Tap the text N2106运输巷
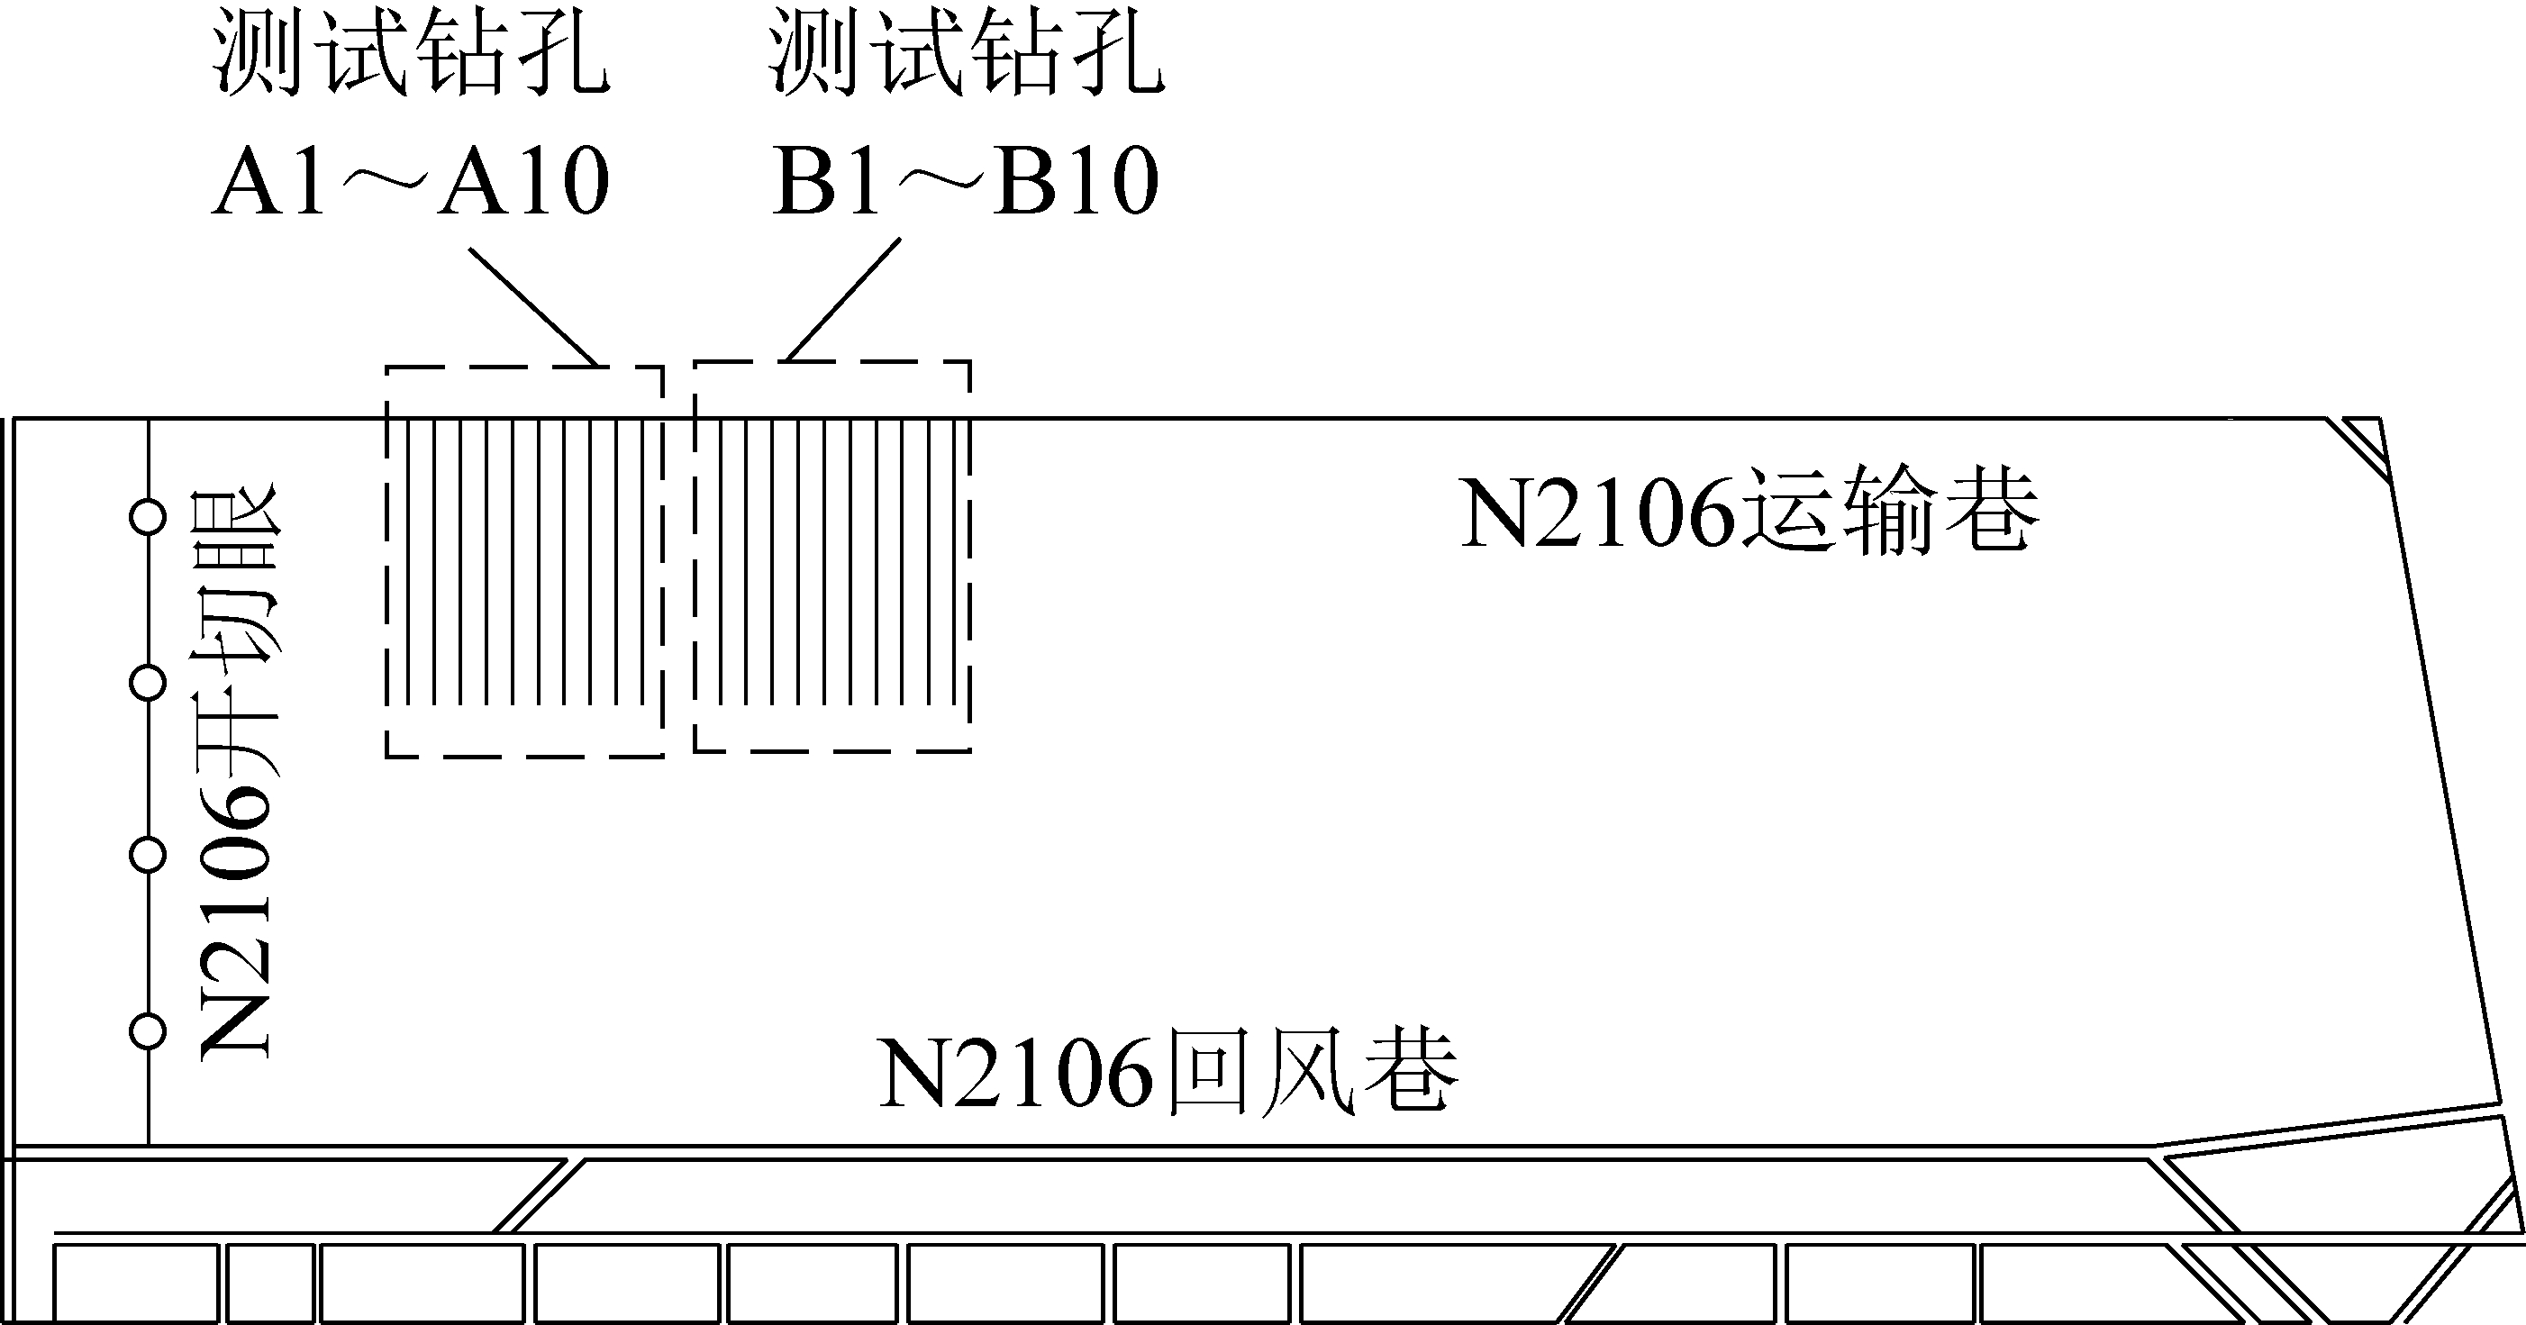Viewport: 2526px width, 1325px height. click(x=1750, y=514)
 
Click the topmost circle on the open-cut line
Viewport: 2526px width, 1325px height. click(x=148, y=517)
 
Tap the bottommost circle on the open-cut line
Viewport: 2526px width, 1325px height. click(x=148, y=1030)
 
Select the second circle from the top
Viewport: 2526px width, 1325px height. click(x=148, y=684)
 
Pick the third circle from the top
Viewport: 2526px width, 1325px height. click(x=148, y=855)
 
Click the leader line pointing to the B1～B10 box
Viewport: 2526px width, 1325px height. click(x=844, y=299)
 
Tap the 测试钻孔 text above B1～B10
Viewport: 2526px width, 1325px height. click(x=966, y=54)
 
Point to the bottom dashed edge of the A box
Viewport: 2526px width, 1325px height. click(x=524, y=756)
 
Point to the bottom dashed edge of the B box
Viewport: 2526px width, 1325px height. click(x=832, y=751)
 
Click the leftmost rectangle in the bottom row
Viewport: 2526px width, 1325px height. click(x=135, y=1283)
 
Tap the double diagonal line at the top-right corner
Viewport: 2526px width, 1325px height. click(x=2357, y=451)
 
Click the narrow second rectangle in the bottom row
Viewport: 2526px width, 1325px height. click(x=270, y=1283)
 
